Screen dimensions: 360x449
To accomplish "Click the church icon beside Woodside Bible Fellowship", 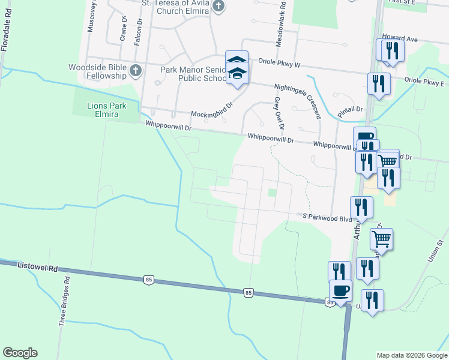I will point(135,70).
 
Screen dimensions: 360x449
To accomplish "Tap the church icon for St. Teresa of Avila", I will point(218,7).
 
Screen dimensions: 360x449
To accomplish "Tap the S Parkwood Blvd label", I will point(327,217).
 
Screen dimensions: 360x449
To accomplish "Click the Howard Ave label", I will point(402,38).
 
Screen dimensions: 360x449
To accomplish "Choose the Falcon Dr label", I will point(139,28).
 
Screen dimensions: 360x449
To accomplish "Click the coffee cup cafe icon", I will point(341,291).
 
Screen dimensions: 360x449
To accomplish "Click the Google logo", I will point(20,353).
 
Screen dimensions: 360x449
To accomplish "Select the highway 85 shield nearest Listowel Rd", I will point(148,279).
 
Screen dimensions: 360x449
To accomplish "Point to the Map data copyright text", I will point(411,355).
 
